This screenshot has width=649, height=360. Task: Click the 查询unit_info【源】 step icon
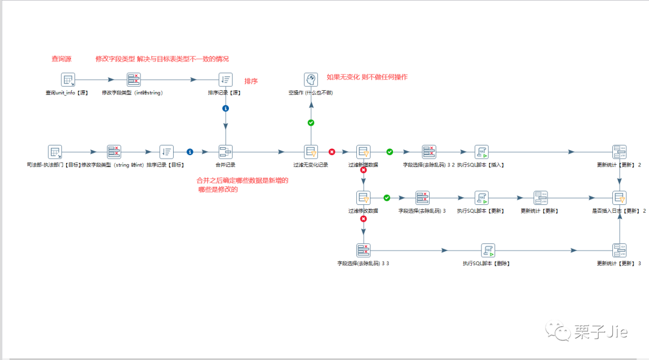click(68, 80)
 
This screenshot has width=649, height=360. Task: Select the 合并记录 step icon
click(225, 152)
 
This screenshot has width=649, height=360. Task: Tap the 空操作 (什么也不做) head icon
click(311, 80)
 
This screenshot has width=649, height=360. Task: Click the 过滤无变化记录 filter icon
click(311, 152)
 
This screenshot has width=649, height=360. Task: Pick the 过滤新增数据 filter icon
click(363, 152)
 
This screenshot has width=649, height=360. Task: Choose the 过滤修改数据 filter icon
click(363, 198)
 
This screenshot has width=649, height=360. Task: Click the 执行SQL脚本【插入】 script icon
click(481, 152)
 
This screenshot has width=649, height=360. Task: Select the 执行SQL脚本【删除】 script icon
click(487, 250)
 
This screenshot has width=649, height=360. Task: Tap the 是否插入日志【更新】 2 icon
click(619, 198)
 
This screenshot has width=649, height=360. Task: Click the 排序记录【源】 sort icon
click(225, 80)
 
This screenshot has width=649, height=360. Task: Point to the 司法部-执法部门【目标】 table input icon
click(55, 152)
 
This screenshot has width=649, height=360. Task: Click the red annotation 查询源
click(61, 59)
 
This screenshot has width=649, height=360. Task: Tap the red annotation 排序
click(251, 81)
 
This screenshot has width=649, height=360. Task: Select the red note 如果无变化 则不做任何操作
click(367, 77)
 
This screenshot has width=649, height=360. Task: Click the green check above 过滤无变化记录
click(311, 123)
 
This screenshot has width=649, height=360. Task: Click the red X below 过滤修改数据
click(363, 220)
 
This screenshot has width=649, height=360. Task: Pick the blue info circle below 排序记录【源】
click(225, 109)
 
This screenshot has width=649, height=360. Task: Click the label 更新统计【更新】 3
click(618, 263)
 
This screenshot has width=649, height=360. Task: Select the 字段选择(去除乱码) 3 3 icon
click(363, 250)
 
